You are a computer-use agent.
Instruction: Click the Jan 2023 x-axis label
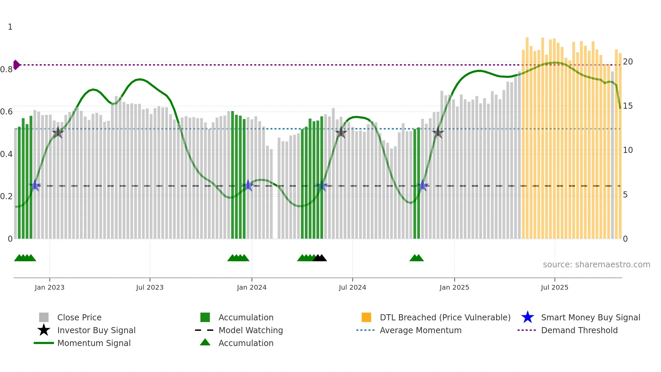tap(49, 287)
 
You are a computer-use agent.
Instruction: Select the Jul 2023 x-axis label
tap(150, 287)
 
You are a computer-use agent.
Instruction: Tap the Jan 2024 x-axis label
tap(252, 287)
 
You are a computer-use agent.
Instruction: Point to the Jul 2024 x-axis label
tap(352, 287)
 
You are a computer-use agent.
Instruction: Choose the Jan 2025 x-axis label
tap(454, 287)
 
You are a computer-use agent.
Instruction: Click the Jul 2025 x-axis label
tap(554, 287)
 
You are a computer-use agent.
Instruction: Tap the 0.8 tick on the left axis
tap(6, 70)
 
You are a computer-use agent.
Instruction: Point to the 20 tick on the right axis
tap(628, 62)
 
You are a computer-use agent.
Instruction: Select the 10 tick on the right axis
tap(628, 150)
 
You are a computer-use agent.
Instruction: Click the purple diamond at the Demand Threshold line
tap(16, 65)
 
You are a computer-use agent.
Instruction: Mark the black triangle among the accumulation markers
tap(320, 258)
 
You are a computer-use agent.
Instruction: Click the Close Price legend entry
tap(79, 317)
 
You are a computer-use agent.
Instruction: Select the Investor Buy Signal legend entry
tap(96, 330)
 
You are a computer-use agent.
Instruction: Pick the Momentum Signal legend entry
tap(94, 343)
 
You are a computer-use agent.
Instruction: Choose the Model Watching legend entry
tap(251, 330)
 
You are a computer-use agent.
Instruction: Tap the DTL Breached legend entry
tap(445, 317)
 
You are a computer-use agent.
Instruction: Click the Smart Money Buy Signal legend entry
tap(591, 317)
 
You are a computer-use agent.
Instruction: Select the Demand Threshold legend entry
tap(579, 330)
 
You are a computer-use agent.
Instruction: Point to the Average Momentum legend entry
tap(421, 330)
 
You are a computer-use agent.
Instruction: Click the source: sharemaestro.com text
tap(596, 264)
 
